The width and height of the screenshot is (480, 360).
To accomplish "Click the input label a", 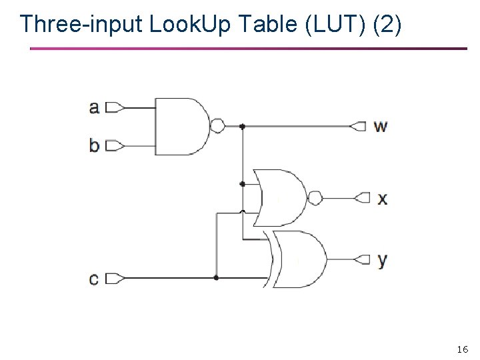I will point(95,107).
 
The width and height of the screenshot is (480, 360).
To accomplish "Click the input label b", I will point(95,145).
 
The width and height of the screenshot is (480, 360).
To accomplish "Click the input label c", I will point(94,278).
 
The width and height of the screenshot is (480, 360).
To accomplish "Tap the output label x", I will point(382,198).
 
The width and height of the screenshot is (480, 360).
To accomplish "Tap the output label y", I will point(382,259).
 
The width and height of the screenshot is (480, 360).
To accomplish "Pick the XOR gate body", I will point(300,259).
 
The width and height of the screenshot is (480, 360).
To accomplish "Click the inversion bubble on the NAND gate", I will point(217,126).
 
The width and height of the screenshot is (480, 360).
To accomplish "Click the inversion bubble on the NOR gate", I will point(315,198).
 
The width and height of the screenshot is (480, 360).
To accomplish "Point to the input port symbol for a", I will point(114,107).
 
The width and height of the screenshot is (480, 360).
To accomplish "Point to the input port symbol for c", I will point(114,278).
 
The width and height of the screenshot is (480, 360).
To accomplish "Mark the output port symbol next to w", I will point(359,126).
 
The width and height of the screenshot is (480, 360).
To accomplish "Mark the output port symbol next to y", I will point(363,259).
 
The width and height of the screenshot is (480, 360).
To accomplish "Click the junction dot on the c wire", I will point(216,277).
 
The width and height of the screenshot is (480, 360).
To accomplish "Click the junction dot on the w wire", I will point(243,126).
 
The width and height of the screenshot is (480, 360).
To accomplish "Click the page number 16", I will point(463,349).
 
